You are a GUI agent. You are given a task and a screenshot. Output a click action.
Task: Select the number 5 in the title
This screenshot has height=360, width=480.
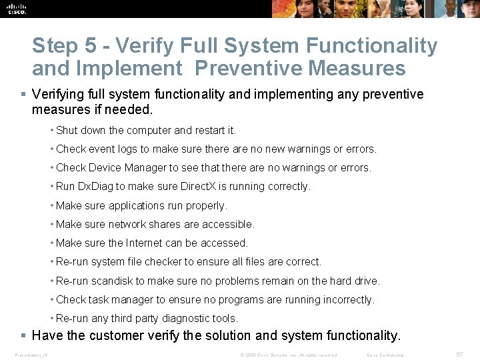[91, 46]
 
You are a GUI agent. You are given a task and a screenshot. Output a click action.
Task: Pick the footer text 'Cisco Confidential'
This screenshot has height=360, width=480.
[386, 355]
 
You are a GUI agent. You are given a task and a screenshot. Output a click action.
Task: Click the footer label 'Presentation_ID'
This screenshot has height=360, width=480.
[31, 355]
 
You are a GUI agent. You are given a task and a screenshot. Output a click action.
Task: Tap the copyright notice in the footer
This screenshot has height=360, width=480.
[288, 355]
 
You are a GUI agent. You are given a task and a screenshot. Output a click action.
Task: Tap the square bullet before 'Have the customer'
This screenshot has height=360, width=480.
[23, 335]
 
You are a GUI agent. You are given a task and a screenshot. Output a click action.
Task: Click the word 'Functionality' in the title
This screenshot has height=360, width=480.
[371, 46]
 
